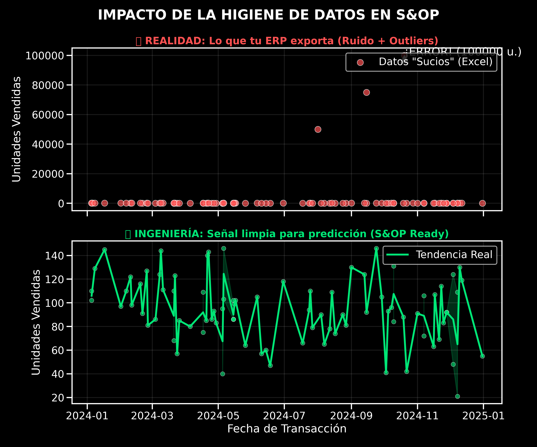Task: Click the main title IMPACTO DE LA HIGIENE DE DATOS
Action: pyautogui.click(x=268, y=15)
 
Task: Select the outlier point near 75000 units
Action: pyautogui.click(x=367, y=93)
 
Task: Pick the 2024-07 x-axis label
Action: pyautogui.click(x=284, y=416)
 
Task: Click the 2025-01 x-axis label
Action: pyautogui.click(x=483, y=416)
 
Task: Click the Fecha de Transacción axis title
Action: pyautogui.click(x=287, y=429)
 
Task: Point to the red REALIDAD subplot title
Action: pyautogui.click(x=287, y=41)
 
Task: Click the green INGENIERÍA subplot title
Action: pyautogui.click(x=287, y=234)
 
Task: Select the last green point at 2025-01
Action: pyautogui.click(x=482, y=356)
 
